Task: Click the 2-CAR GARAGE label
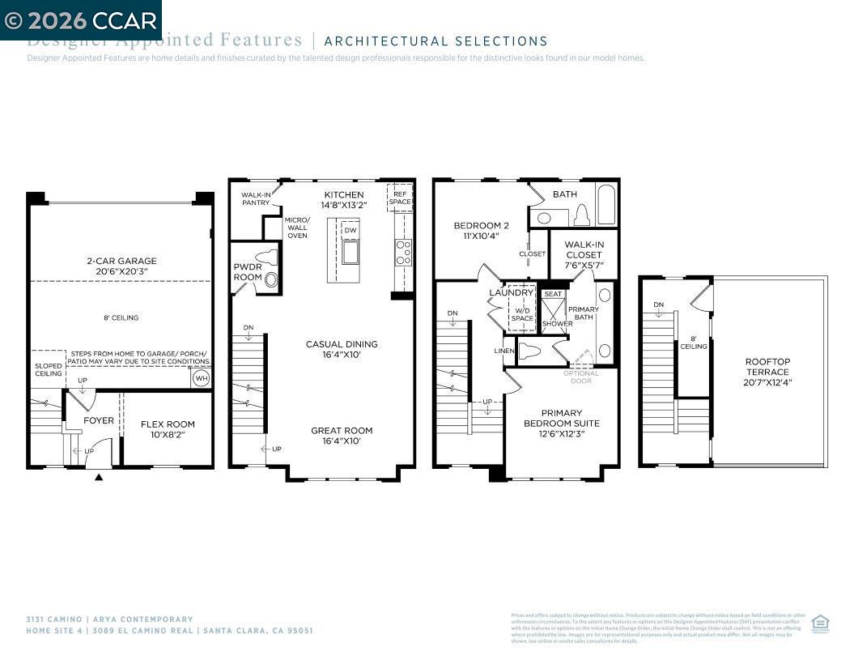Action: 121,261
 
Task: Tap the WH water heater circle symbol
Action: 200,378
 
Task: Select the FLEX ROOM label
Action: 168,424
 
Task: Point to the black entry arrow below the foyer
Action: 99,478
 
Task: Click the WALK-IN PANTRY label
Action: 256,198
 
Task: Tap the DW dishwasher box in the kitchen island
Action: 350,230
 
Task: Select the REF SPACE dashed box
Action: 399,198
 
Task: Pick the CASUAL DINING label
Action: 342,344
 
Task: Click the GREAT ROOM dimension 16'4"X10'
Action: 342,441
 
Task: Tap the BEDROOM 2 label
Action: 481,225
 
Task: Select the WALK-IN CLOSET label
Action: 584,249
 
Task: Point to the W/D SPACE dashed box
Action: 522,309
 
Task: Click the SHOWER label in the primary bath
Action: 556,324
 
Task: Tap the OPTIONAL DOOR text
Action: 581,377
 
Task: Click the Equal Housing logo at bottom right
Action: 820,623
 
